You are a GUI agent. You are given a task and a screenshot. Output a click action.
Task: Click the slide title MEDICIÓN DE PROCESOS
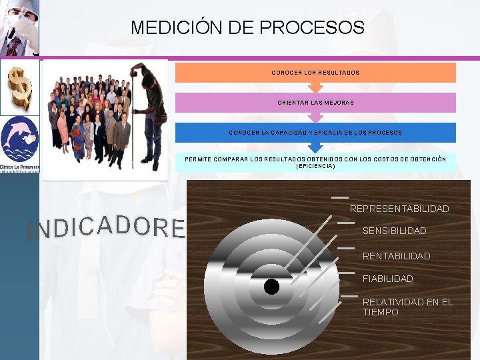coord(247,27)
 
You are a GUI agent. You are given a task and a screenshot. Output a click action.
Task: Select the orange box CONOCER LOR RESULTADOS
coord(315,72)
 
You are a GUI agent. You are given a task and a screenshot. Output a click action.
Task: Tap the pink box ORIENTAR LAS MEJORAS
coord(315,102)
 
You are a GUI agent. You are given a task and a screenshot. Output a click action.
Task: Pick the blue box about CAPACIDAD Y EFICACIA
coord(315,132)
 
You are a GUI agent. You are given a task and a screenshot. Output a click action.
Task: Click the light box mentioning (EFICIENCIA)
coord(315,162)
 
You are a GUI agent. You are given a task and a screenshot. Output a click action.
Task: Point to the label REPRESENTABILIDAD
coord(399,209)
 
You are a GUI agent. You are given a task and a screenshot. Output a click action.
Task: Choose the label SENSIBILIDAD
coord(394,231)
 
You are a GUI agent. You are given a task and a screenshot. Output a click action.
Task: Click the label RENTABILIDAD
coord(396,256)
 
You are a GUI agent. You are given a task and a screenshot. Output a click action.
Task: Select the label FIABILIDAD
coord(387,279)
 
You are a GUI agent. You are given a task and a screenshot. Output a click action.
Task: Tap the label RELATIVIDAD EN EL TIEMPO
coord(407,307)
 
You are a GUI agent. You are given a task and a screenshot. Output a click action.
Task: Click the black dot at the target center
coord(271,287)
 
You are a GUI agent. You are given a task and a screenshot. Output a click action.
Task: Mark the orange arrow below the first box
coord(315,87)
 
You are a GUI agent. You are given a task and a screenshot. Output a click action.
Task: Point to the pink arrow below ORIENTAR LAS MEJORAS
coord(315,117)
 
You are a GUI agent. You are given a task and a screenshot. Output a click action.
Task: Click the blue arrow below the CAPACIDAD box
coord(315,147)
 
